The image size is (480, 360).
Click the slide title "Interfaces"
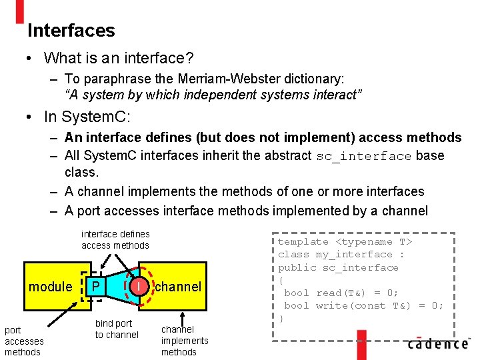coord(71,31)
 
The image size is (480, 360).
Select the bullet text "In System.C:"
coord(87,117)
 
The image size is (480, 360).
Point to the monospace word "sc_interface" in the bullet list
coord(363,157)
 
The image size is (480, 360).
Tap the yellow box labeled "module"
coord(50,287)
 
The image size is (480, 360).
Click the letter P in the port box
coord(96,287)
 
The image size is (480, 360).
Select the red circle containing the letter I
coord(137,287)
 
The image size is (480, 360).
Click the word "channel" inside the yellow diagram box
coord(178,287)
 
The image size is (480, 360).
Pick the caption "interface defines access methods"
coord(115,239)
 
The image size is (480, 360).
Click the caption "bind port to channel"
coord(117,329)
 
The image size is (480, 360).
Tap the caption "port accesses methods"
coord(24,341)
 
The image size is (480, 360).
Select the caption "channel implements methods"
coord(185,341)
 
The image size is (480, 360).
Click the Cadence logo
coord(437,344)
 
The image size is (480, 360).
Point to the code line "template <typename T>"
coord(345,242)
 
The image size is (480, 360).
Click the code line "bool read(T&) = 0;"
coord(341,293)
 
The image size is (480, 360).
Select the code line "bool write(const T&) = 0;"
coord(363,305)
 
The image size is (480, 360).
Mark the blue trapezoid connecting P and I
coord(117,287)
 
